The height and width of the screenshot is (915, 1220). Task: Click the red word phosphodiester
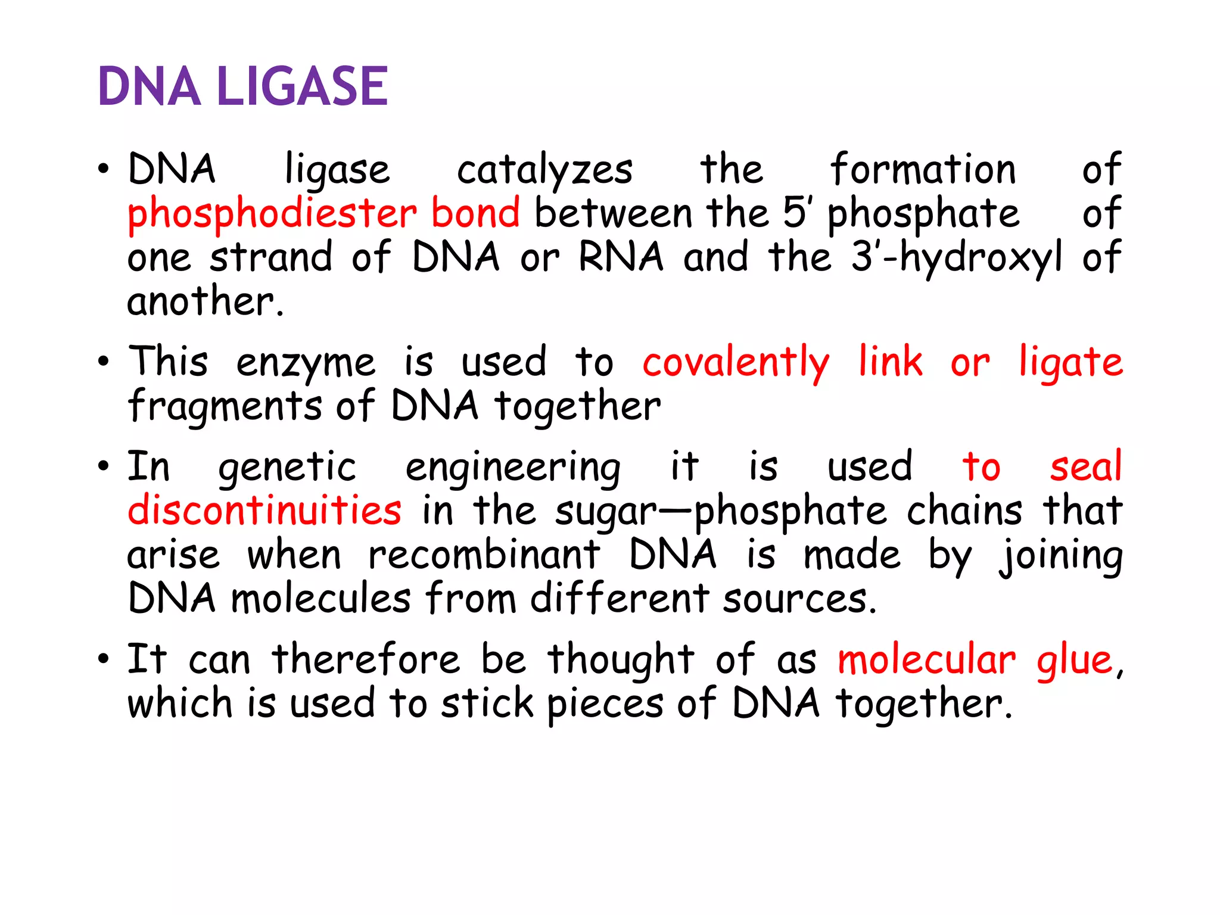click(272, 214)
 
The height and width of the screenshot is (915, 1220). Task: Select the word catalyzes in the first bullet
click(544, 170)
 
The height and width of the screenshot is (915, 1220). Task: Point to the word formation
click(923, 169)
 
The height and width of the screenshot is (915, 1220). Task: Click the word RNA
click(621, 257)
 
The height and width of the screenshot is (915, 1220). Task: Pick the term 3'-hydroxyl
click(957, 259)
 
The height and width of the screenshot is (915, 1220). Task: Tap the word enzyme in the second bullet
click(306, 363)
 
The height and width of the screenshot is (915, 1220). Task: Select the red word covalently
click(736, 363)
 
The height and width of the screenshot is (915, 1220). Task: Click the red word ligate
click(1070, 363)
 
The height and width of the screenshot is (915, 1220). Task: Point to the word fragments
click(225, 407)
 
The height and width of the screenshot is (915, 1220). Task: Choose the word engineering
click(513, 468)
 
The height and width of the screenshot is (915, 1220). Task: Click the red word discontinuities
click(264, 511)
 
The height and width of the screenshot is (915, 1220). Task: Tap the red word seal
click(1085, 466)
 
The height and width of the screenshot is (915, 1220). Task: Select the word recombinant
click(484, 555)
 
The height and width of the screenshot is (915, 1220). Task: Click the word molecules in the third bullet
click(320, 599)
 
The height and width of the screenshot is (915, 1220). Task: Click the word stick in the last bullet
click(487, 704)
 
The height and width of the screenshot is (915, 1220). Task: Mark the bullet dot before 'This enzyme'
click(104, 361)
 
